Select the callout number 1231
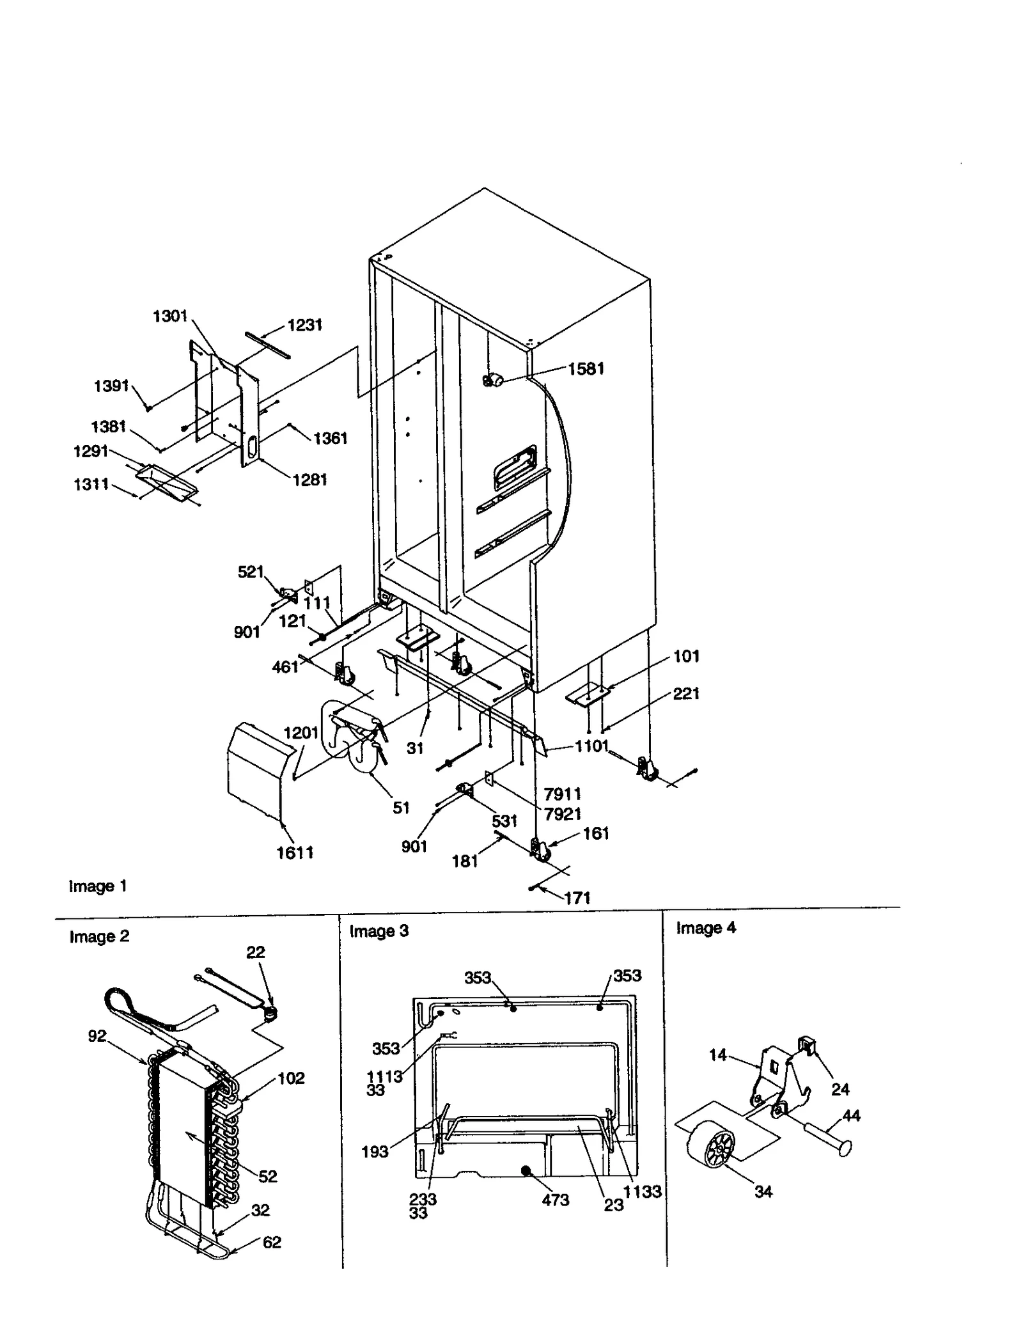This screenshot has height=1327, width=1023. (x=304, y=325)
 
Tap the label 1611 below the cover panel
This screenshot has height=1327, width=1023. (x=295, y=852)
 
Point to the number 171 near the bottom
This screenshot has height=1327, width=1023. (x=577, y=898)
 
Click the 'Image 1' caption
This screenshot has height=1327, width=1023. (x=98, y=886)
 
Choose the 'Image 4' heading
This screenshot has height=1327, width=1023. (x=706, y=928)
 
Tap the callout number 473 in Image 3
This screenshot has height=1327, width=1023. (x=555, y=1200)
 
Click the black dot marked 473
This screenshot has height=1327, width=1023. (x=526, y=1171)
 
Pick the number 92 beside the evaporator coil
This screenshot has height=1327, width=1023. (x=97, y=1035)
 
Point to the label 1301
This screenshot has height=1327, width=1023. (x=170, y=316)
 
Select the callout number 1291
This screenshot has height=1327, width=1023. (x=91, y=451)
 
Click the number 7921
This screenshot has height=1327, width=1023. (x=562, y=813)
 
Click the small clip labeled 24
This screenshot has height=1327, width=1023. (x=808, y=1046)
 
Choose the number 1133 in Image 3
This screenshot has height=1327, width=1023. (x=642, y=1191)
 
